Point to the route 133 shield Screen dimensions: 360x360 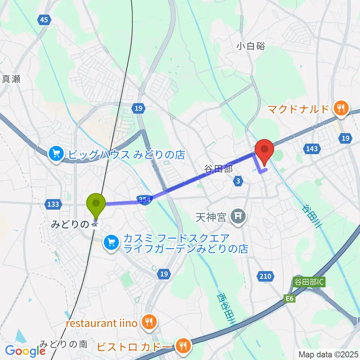coord(53,204)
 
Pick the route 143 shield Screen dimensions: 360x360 coord(312,149)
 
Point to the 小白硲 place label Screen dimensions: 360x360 coord(251,46)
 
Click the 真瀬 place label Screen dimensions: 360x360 coord(11,79)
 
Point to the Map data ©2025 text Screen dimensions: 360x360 coord(328,354)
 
